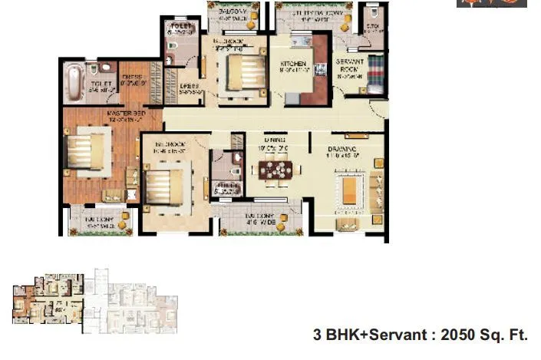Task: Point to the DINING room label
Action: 275,140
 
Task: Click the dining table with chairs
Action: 275,170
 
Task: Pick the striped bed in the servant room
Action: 375,73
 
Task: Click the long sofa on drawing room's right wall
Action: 377,190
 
